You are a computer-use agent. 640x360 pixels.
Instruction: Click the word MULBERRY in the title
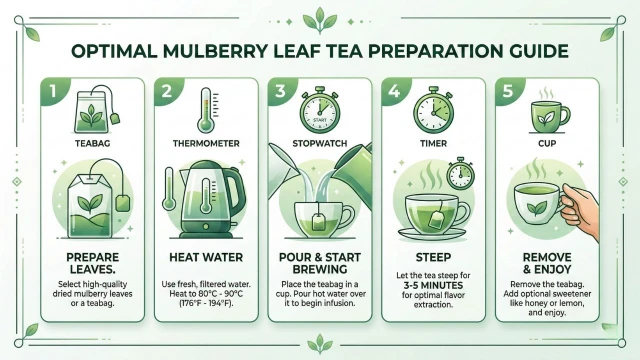216,51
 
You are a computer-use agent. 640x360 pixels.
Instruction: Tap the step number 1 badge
53,91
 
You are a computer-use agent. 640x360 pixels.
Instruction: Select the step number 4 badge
394,91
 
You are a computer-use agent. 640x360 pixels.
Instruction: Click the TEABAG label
93,143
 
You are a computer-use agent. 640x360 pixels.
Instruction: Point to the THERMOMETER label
206,143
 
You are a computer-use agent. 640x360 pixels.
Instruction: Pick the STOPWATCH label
320,143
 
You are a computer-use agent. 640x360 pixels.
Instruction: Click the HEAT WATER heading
206,257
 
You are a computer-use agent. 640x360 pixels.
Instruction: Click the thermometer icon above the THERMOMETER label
207,110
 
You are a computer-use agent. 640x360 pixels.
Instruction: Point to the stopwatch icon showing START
320,110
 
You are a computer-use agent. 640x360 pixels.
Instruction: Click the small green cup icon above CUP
549,116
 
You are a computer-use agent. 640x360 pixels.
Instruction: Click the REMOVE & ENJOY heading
547,263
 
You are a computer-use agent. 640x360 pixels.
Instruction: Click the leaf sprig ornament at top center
320,21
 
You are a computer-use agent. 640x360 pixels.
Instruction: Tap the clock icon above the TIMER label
433,110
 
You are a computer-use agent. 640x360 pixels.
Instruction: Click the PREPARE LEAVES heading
93,263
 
